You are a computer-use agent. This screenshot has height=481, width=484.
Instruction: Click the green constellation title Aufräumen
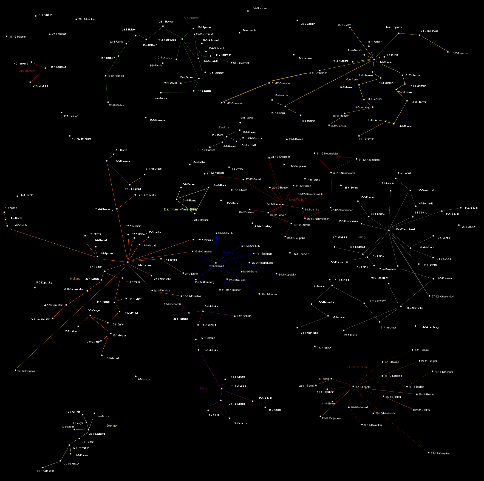(x=191, y=18)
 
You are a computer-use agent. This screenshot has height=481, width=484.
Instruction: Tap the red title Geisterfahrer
(x=26, y=71)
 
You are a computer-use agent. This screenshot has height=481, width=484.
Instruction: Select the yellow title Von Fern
(x=352, y=79)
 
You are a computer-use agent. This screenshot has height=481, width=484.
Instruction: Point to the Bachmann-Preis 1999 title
(x=180, y=209)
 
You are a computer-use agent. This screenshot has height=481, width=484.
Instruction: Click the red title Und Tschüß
(x=298, y=200)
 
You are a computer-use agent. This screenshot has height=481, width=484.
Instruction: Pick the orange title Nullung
(x=75, y=279)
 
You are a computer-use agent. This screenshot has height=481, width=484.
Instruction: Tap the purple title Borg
(x=203, y=388)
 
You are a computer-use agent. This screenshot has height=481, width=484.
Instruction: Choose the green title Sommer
(x=112, y=426)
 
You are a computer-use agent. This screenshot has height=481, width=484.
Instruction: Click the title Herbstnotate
(x=358, y=367)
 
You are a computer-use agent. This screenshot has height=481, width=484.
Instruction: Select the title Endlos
(x=224, y=127)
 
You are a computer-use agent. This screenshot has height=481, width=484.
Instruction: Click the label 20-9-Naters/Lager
(x=263, y=263)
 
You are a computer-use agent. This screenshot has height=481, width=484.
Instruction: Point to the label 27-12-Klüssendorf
(x=443, y=296)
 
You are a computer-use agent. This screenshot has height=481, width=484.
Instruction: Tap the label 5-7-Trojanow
(x=461, y=54)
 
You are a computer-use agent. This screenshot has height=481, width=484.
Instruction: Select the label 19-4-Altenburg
(x=104, y=209)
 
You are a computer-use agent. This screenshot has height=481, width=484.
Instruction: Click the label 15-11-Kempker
(x=44, y=471)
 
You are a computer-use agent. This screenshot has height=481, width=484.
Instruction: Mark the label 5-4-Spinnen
(x=260, y=8)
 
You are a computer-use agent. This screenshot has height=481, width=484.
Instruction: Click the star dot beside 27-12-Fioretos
(x=15, y=370)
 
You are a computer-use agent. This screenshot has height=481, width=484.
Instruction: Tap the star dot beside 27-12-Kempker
(x=429, y=452)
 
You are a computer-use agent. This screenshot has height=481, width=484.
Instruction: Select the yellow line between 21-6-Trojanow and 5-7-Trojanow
(x=434, y=44)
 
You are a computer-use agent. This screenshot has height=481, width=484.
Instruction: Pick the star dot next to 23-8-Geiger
(x=297, y=20)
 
